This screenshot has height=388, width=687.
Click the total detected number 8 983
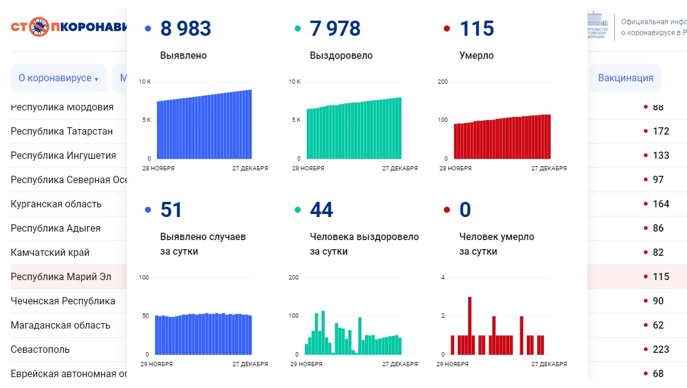coord(186,28)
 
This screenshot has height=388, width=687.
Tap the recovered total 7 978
coord(335,28)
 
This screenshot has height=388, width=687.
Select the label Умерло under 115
coord(477,55)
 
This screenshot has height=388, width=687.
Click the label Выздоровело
coord(341,55)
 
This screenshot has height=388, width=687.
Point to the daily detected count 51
coord(171,210)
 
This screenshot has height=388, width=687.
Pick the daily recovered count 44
coord(321,210)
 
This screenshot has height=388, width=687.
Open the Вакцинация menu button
coord(625,78)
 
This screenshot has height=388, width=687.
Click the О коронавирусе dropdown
coord(58,78)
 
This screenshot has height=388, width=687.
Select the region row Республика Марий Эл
coord(61,276)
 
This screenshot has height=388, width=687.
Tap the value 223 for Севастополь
coord(660,349)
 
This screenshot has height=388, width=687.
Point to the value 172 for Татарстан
coord(660,131)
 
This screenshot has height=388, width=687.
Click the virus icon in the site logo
coord(39,27)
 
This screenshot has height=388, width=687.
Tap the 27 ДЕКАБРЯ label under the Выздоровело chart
coord(400,169)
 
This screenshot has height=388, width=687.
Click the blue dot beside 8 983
coord(148,28)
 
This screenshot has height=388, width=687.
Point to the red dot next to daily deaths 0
coord(447,210)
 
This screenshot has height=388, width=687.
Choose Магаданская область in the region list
coord(61,325)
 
